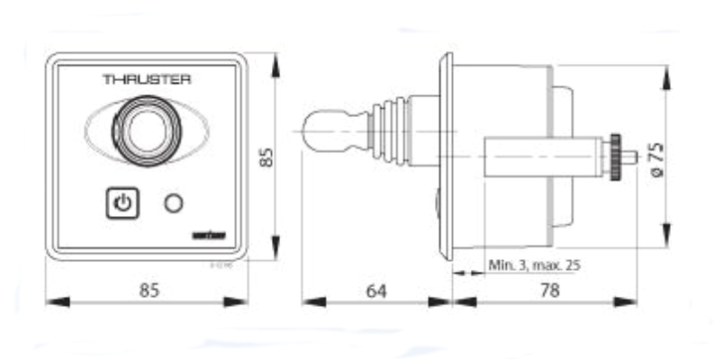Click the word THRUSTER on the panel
(x=147, y=79)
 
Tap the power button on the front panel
(x=123, y=203)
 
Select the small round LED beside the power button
(x=173, y=203)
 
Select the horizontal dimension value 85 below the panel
(x=149, y=291)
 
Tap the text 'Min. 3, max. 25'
(x=533, y=265)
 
